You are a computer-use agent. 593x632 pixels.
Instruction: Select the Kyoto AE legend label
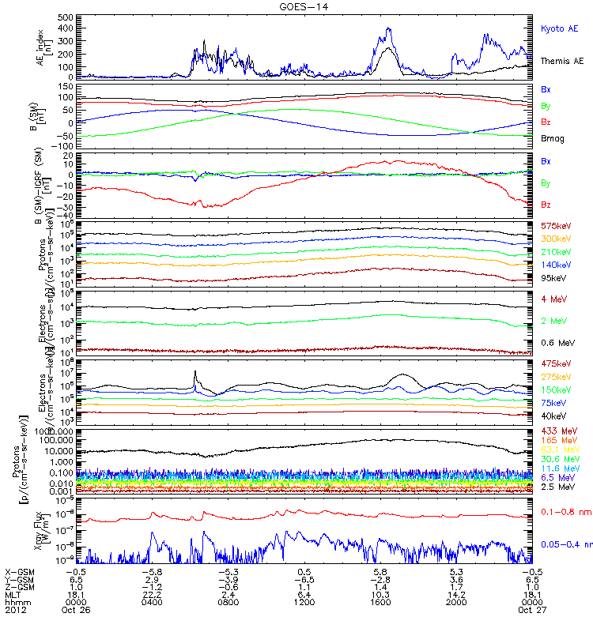coord(560,28)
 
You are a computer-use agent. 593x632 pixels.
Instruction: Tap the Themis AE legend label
coord(562,61)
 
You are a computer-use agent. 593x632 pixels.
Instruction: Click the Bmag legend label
coord(552,138)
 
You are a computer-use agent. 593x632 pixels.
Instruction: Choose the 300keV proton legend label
coord(556,239)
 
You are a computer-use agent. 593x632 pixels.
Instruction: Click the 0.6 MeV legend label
coord(557,342)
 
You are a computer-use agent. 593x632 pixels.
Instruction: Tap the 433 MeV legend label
coord(557,431)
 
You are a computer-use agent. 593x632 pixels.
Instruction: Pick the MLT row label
coord(13,594)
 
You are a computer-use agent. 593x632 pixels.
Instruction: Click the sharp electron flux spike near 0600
coord(195,371)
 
